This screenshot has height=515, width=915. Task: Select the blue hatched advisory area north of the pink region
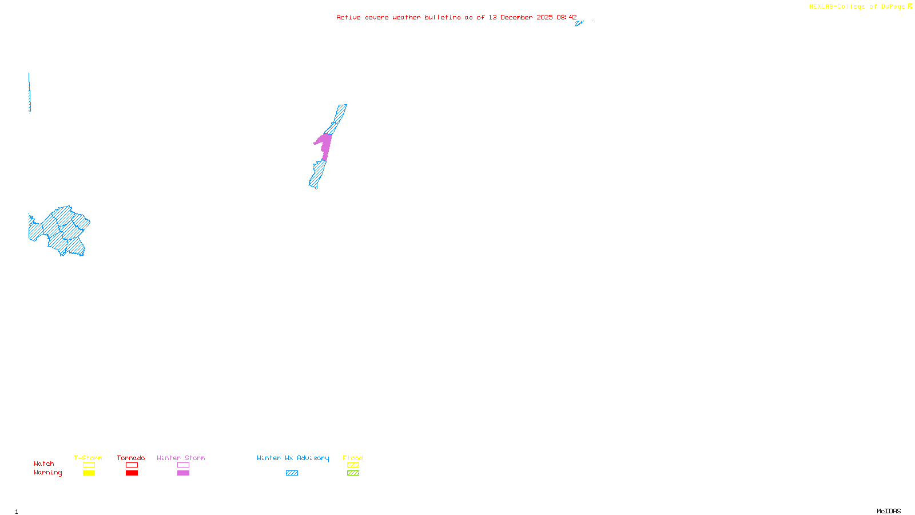coord(338,117)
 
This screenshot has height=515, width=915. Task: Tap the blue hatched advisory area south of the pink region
coord(317,175)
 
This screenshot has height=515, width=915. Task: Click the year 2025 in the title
coord(544,17)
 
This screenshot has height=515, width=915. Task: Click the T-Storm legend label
coord(88,458)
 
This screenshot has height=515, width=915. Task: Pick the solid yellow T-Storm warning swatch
coord(89,473)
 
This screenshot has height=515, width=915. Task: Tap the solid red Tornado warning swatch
coord(132,473)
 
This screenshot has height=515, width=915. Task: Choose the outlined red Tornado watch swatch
coord(132,465)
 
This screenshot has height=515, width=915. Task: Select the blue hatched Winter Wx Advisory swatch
coord(292,473)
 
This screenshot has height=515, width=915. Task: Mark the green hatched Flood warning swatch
coord(353,473)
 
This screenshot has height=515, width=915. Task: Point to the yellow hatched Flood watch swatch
coord(353,465)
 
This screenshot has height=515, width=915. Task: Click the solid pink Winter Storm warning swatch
coord(183,473)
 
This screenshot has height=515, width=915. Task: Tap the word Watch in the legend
coord(44,464)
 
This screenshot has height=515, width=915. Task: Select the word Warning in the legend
coord(48,473)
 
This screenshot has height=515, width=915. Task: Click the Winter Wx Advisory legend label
coord(293,458)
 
